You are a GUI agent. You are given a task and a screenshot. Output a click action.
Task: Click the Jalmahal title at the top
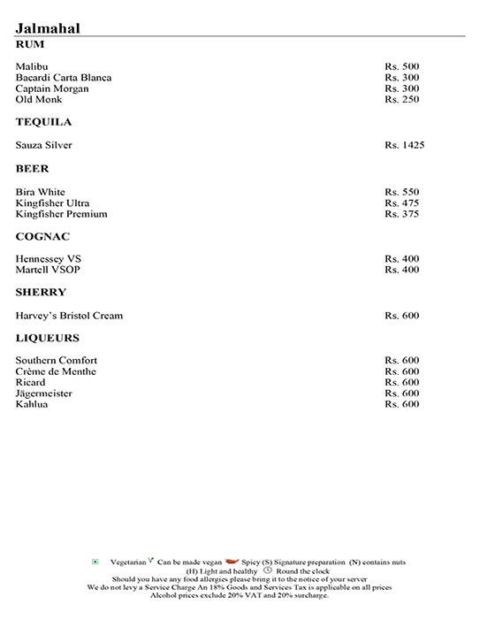[49, 28]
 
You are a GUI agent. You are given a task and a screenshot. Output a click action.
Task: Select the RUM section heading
[30, 44]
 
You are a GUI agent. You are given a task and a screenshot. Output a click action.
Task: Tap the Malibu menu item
[32, 66]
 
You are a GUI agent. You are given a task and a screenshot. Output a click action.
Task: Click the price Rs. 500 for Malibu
[401, 66]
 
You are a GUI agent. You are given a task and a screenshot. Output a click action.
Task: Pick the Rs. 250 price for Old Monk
[401, 99]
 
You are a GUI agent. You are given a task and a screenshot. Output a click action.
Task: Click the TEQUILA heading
[43, 122]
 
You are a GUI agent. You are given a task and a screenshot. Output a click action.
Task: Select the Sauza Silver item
[44, 145]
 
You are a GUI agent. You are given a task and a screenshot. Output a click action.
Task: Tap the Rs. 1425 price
[404, 145]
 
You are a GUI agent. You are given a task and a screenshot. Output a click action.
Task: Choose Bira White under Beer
[41, 192]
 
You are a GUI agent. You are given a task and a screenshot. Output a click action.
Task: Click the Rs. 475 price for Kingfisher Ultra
[401, 203]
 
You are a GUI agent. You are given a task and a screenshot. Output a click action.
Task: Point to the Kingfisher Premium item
[62, 214]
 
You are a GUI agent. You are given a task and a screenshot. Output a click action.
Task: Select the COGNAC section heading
[42, 237]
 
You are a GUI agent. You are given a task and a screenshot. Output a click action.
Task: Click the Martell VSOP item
[48, 270]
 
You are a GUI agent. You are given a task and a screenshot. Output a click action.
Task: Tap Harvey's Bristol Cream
[69, 316]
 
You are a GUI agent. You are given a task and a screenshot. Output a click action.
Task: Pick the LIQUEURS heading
[48, 339]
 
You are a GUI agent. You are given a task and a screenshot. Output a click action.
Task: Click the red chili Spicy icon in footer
[232, 561]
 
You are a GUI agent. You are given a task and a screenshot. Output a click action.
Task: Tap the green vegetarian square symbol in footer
[95, 562]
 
